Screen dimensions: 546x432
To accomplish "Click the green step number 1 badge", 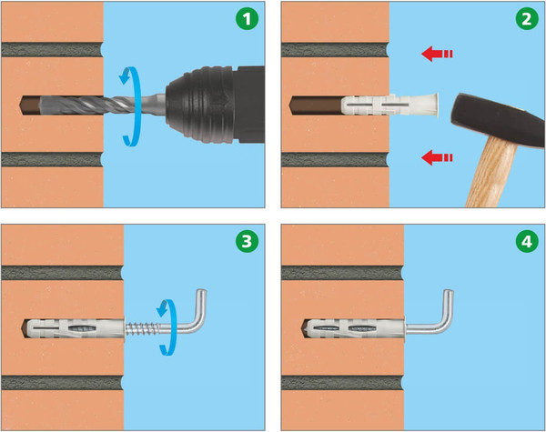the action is pyautogui.click(x=247, y=18).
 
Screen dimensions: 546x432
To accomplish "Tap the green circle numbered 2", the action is pyautogui.click(x=527, y=18).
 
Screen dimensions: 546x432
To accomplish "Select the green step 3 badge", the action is pyautogui.click(x=247, y=241).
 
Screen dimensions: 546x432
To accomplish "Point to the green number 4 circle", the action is pyautogui.click(x=527, y=241).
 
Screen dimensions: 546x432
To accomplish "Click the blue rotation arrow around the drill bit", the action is pyautogui.click(x=131, y=106).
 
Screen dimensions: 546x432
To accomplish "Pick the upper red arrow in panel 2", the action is pyautogui.click(x=437, y=54).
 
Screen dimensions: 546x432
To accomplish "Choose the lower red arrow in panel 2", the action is pyautogui.click(x=437, y=157).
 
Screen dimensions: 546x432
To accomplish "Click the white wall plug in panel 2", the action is pyautogui.click(x=389, y=105).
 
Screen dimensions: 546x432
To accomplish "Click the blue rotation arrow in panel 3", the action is pyautogui.click(x=169, y=327).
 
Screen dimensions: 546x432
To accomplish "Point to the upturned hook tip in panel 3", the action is pyautogui.click(x=202, y=293).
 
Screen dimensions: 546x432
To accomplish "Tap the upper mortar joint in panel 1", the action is pyautogui.click(x=52, y=50).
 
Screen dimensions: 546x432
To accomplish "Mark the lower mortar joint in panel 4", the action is pyautogui.click(x=342, y=383).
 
